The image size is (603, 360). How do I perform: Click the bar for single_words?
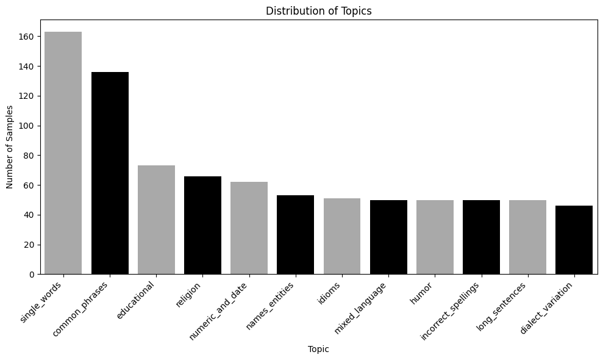63,153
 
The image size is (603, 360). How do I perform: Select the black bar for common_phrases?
110,173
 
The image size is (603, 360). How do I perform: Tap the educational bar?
156,220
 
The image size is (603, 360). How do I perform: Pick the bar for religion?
202,225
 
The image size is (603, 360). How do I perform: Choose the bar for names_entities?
295,235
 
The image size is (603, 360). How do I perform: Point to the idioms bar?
342,236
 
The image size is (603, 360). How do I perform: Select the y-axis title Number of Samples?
10,147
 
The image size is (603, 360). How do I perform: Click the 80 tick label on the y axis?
31,155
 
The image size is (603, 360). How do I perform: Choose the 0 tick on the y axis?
34,275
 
